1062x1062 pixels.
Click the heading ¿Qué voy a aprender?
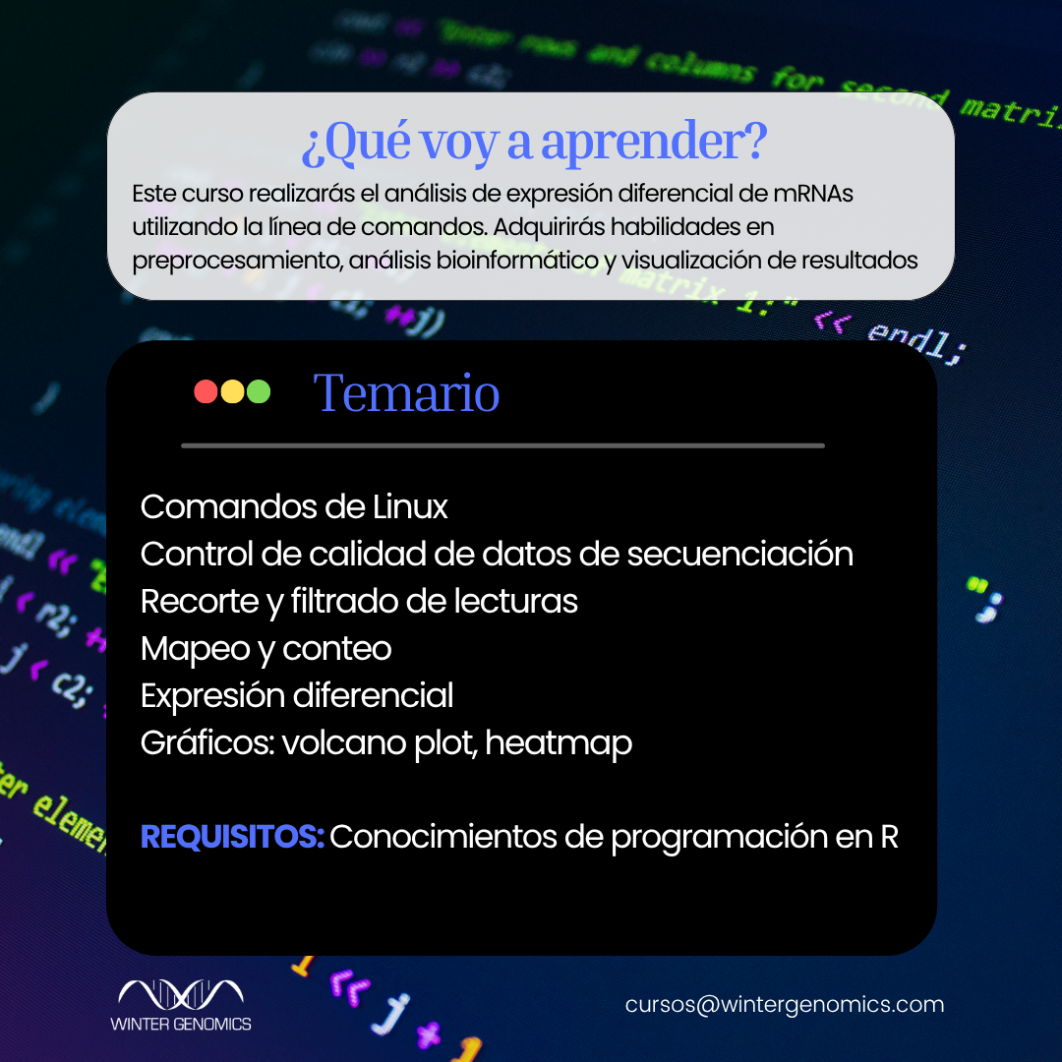click(x=534, y=145)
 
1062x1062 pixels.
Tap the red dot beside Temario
click(x=206, y=391)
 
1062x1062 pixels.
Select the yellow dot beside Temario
click(x=232, y=391)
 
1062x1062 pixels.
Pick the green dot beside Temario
click(x=259, y=391)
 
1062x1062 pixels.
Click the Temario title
click(x=406, y=393)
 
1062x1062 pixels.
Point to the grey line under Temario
click(x=502, y=445)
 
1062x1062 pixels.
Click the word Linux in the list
click(x=410, y=507)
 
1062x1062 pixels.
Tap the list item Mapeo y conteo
click(x=265, y=649)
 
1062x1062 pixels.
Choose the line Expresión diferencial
click(x=297, y=696)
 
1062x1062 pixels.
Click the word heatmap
click(x=559, y=743)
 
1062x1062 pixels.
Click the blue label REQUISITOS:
click(x=232, y=838)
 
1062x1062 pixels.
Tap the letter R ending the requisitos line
click(x=888, y=838)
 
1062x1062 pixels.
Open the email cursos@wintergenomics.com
click(x=784, y=1005)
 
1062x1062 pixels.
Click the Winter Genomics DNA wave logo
click(x=180, y=994)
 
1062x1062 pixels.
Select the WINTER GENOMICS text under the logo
click(x=180, y=1024)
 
